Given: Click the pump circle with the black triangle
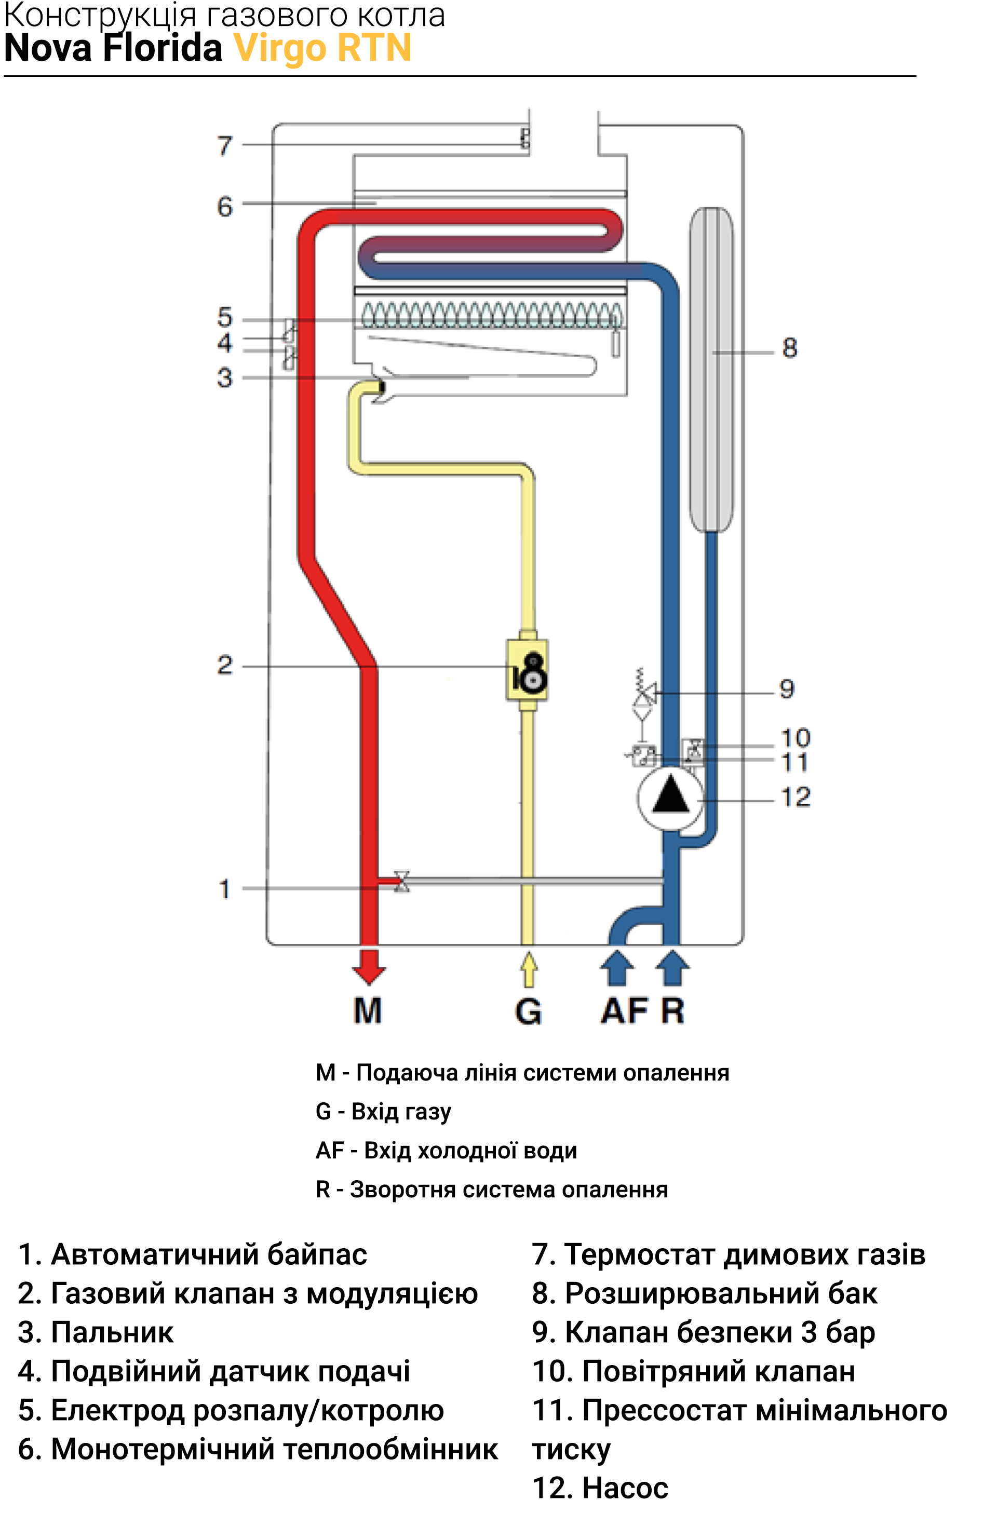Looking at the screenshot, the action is tap(670, 799).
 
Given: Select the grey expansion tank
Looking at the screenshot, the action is tap(711, 369).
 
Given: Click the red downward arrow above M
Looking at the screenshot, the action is tap(369, 967).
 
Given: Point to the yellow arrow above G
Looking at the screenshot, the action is tap(529, 969).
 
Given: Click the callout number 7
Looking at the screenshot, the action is tap(225, 145).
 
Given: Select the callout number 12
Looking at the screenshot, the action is tap(796, 797).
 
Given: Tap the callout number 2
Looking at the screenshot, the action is tap(225, 665).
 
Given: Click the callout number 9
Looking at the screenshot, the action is tap(787, 688).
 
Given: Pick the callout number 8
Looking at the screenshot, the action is tap(790, 348).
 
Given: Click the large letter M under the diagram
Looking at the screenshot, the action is tap(368, 1011).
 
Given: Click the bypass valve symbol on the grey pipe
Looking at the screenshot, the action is tap(402, 881).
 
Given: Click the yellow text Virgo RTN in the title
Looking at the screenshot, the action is tap(323, 48).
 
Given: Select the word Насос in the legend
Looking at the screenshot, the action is tap(626, 1488).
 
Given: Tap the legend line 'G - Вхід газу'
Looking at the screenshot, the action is tap(383, 1112).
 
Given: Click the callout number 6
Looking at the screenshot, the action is tap(225, 207).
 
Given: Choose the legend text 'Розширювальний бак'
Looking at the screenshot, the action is tap(721, 1294).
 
